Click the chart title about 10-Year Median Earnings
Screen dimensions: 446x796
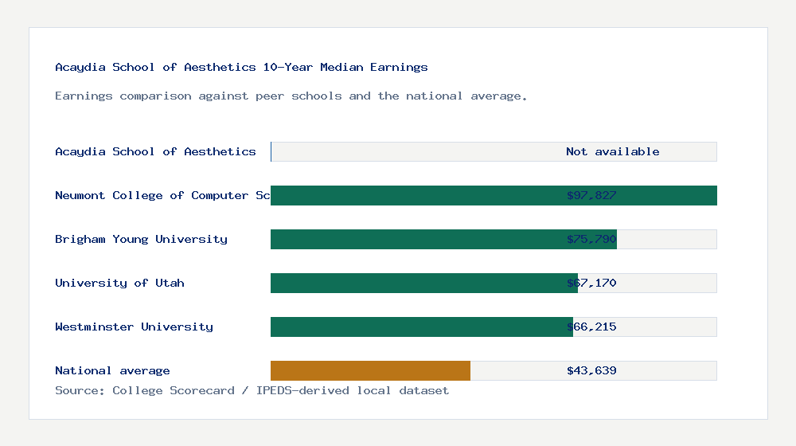coord(241,67)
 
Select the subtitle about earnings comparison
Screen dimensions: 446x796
coord(291,96)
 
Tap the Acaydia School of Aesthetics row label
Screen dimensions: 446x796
coord(155,151)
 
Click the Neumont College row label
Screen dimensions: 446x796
coord(162,195)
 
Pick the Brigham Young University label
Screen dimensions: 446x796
coord(141,239)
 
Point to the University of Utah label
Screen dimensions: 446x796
coord(119,283)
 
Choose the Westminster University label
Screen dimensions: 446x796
coord(134,327)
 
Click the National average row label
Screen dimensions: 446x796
coord(112,370)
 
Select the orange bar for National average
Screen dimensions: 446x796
coord(370,370)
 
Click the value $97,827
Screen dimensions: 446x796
coord(591,195)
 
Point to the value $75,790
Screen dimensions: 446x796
coord(591,239)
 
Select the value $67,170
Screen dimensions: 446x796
coord(591,283)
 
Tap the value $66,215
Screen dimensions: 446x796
coord(591,327)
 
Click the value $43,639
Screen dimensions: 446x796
coord(591,370)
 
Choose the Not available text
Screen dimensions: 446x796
coord(612,151)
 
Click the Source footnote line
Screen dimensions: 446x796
coord(252,390)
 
